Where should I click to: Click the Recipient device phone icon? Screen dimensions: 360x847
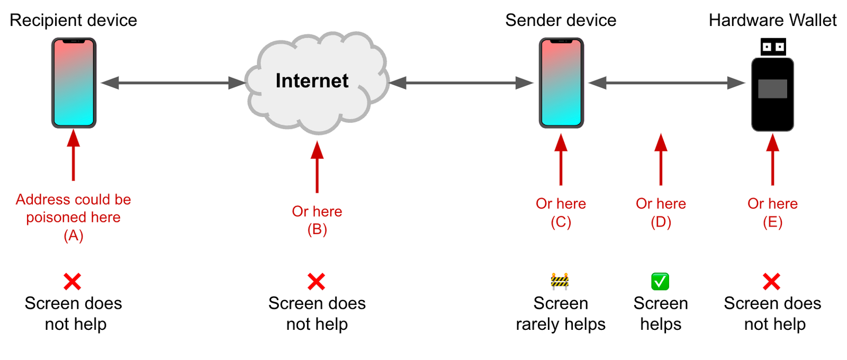pos(74,83)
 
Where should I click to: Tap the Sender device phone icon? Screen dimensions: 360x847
pos(561,83)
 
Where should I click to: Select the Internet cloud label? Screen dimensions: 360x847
pos(312,81)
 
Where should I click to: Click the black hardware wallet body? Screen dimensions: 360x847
pos(772,111)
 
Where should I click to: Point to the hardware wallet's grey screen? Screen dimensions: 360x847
pos(772,88)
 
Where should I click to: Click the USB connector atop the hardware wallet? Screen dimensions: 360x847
pos(773,47)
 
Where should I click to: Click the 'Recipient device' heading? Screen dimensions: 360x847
pos(74,20)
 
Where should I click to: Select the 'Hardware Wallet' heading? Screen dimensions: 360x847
pos(772,20)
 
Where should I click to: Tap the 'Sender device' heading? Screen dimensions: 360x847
pos(561,20)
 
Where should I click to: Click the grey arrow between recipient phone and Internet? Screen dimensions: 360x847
pos(173,83)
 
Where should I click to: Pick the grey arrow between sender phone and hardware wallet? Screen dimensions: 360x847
pos(666,83)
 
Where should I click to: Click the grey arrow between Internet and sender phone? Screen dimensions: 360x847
pos(461,83)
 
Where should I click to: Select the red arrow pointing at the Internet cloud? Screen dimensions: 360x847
pos(317,167)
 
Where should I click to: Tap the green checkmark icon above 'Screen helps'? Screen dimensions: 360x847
pos(660,281)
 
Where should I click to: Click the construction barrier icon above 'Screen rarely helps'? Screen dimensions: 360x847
pos(560,281)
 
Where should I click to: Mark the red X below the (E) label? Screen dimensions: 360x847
pos(771,282)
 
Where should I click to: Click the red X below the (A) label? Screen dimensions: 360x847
pos(73,282)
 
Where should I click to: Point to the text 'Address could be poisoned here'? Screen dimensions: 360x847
pos(74,208)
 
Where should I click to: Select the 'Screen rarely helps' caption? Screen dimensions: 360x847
pos(561,313)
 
